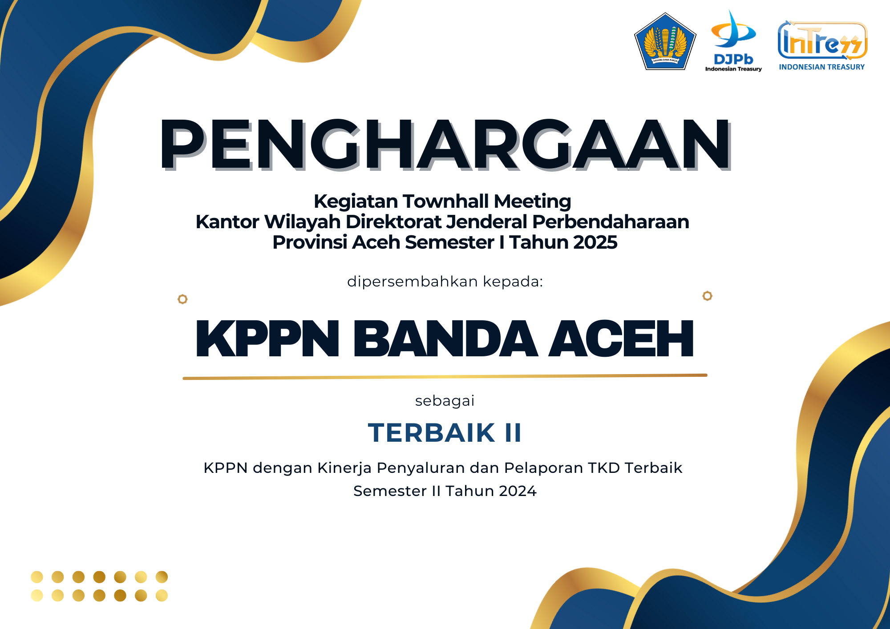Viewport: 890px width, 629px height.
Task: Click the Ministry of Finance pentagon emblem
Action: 665,42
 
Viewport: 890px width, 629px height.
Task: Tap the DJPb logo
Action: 733,41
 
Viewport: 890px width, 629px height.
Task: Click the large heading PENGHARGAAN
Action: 445,145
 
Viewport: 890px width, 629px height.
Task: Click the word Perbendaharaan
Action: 611,222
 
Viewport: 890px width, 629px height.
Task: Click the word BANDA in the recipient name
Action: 445,339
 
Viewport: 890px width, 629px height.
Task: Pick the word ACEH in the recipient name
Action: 621,339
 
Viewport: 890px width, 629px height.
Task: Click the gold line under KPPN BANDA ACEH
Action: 445,377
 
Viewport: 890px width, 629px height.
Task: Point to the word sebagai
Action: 445,401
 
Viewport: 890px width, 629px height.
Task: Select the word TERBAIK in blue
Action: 432,433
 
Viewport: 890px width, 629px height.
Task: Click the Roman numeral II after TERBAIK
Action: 513,433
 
